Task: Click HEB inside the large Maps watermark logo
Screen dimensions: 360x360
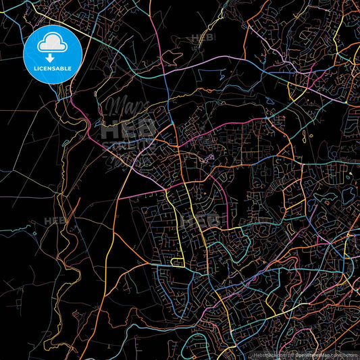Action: (128, 128)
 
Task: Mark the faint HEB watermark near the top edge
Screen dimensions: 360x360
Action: (203, 38)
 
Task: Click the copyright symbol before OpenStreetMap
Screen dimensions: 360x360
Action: (283, 355)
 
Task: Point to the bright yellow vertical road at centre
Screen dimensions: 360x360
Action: (180, 223)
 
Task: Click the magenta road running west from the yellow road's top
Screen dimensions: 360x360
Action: (149, 192)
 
